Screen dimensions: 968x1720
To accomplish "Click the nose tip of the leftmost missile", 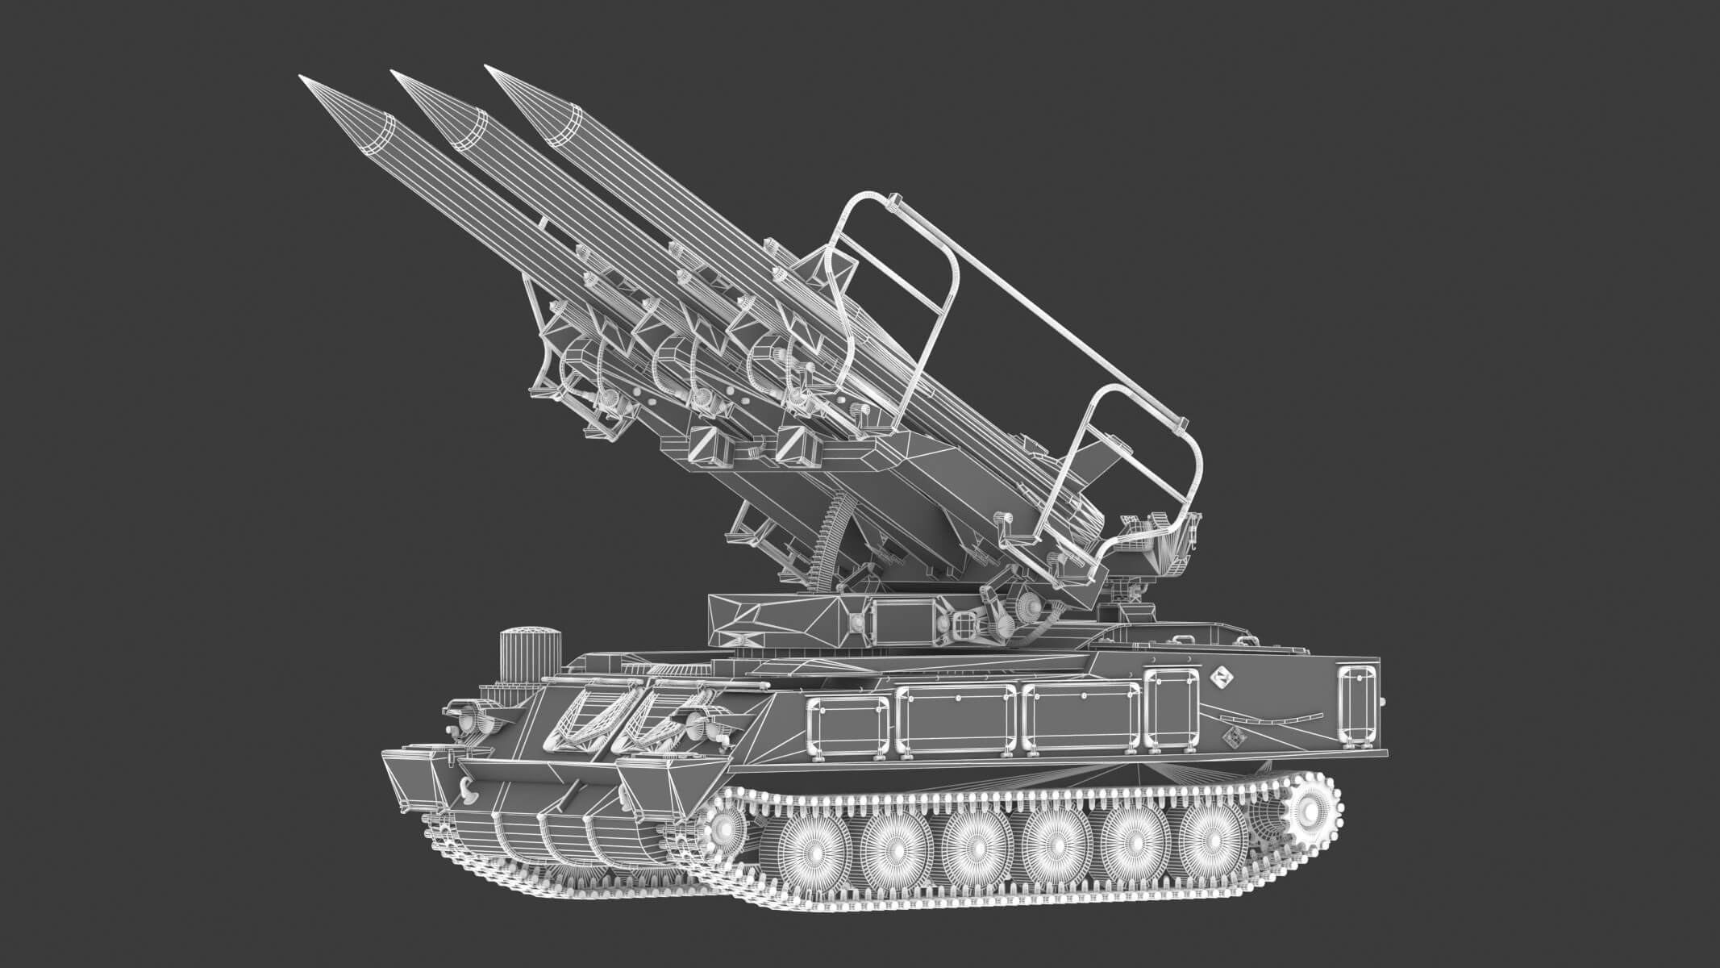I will click(x=302, y=78).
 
